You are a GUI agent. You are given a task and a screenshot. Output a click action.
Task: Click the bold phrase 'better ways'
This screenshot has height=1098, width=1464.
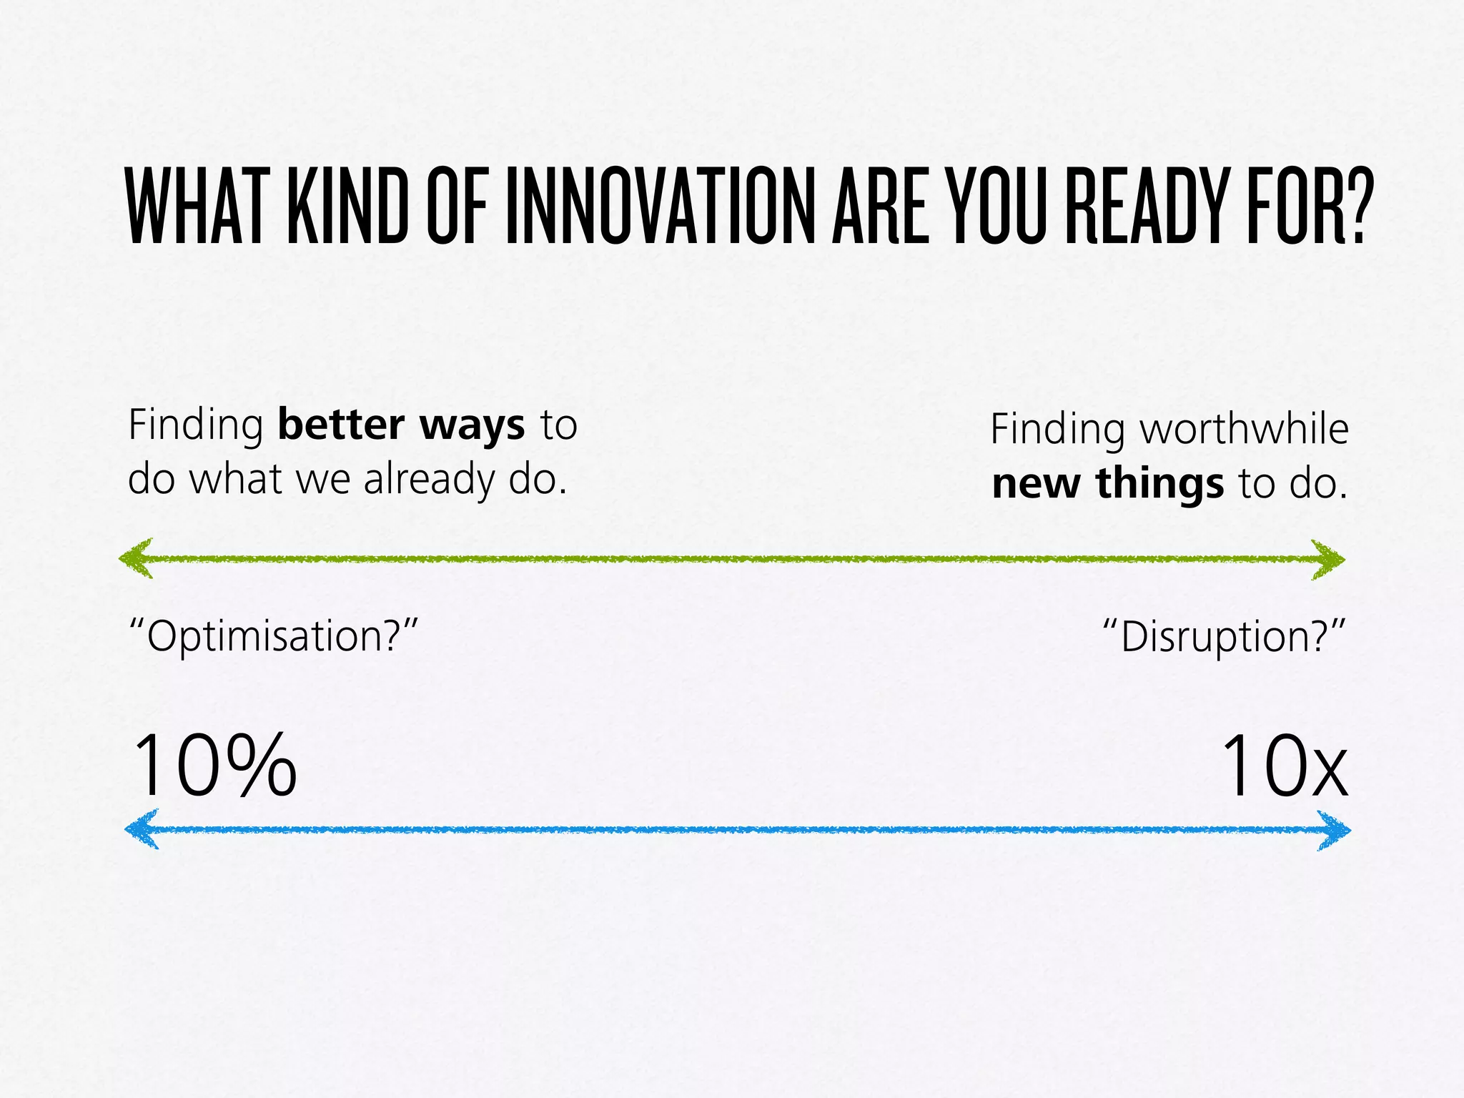pyautogui.click(x=401, y=425)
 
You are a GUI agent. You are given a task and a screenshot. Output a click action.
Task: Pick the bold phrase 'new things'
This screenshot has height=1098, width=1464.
pyautogui.click(x=1108, y=483)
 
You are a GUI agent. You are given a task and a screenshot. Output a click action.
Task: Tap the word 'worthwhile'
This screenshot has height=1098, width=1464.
pyautogui.click(x=1244, y=430)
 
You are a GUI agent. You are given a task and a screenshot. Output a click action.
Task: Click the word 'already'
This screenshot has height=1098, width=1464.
pyautogui.click(x=428, y=479)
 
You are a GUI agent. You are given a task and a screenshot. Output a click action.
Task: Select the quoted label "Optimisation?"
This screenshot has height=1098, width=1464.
pyautogui.click(x=272, y=635)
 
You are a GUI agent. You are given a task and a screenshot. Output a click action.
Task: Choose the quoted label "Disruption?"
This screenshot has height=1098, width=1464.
pyautogui.click(x=1224, y=635)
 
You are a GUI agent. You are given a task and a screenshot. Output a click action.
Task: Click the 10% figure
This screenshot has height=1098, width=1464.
pyautogui.click(x=214, y=766)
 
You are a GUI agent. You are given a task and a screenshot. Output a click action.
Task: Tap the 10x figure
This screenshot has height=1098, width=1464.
pyautogui.click(x=1285, y=766)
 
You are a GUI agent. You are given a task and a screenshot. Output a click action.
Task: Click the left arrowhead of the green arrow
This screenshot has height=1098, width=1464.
pyautogui.click(x=136, y=558)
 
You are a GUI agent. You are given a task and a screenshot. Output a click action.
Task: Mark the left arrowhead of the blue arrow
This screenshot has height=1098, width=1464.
pyautogui.click(x=142, y=829)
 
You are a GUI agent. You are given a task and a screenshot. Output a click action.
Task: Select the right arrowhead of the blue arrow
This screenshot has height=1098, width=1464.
pyautogui.click(x=1335, y=831)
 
